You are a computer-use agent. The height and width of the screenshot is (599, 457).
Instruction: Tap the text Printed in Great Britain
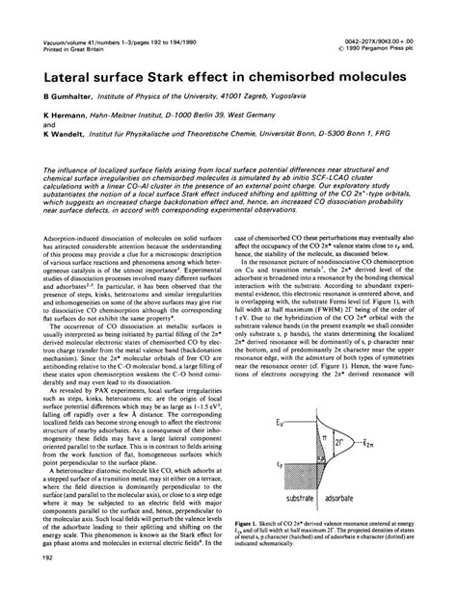[x=59, y=22]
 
